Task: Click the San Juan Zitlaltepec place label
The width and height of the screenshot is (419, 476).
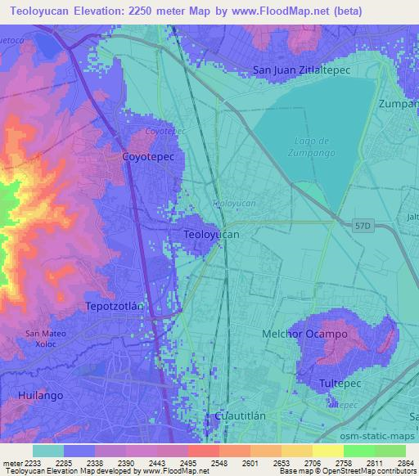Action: pyautogui.click(x=302, y=70)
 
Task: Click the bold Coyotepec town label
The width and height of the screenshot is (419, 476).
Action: pyautogui.click(x=148, y=155)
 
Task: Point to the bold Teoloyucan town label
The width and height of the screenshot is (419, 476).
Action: pyautogui.click(x=212, y=235)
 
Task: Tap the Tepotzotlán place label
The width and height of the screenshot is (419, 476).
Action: pyautogui.click(x=115, y=306)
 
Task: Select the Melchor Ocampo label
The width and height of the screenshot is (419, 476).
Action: pyautogui.click(x=304, y=334)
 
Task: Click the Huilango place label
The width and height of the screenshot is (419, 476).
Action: pyautogui.click(x=38, y=395)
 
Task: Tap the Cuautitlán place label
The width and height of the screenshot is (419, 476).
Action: pyautogui.click(x=240, y=415)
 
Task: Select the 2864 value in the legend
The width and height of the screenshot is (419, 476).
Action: pyautogui.click(x=395, y=463)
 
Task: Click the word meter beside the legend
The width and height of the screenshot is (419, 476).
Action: pyautogui.click(x=11, y=463)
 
